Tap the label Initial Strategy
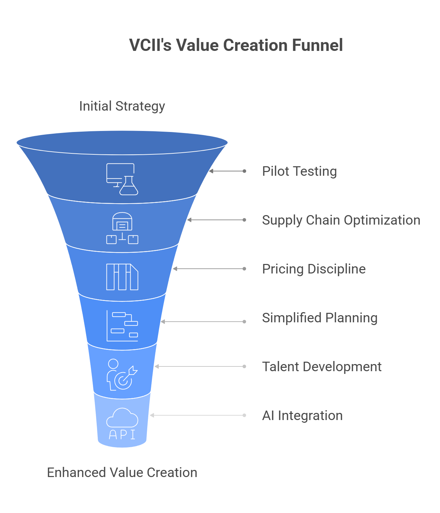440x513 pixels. point(122,106)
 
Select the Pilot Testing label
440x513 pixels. point(299,171)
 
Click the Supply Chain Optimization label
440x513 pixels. point(341,220)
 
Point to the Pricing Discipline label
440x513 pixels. point(314,269)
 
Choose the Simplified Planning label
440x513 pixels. point(320,318)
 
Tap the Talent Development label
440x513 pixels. point(322,367)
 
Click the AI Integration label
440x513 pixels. point(302,416)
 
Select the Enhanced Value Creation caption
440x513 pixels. point(122,473)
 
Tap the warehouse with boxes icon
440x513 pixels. point(122,228)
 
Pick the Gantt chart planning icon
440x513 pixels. point(122,326)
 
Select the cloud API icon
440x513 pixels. point(122,423)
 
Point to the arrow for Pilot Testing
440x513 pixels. point(227,171)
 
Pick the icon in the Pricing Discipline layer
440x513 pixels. point(122,277)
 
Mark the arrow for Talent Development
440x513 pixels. point(200,366)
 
